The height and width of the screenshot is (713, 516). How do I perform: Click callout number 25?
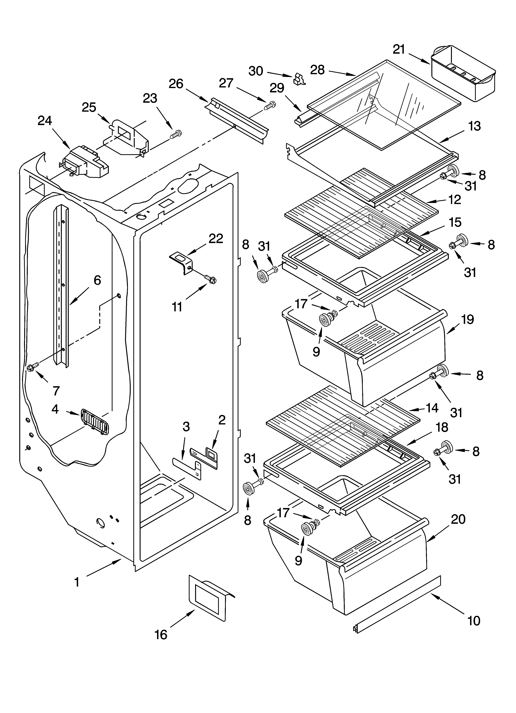[x=89, y=107]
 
